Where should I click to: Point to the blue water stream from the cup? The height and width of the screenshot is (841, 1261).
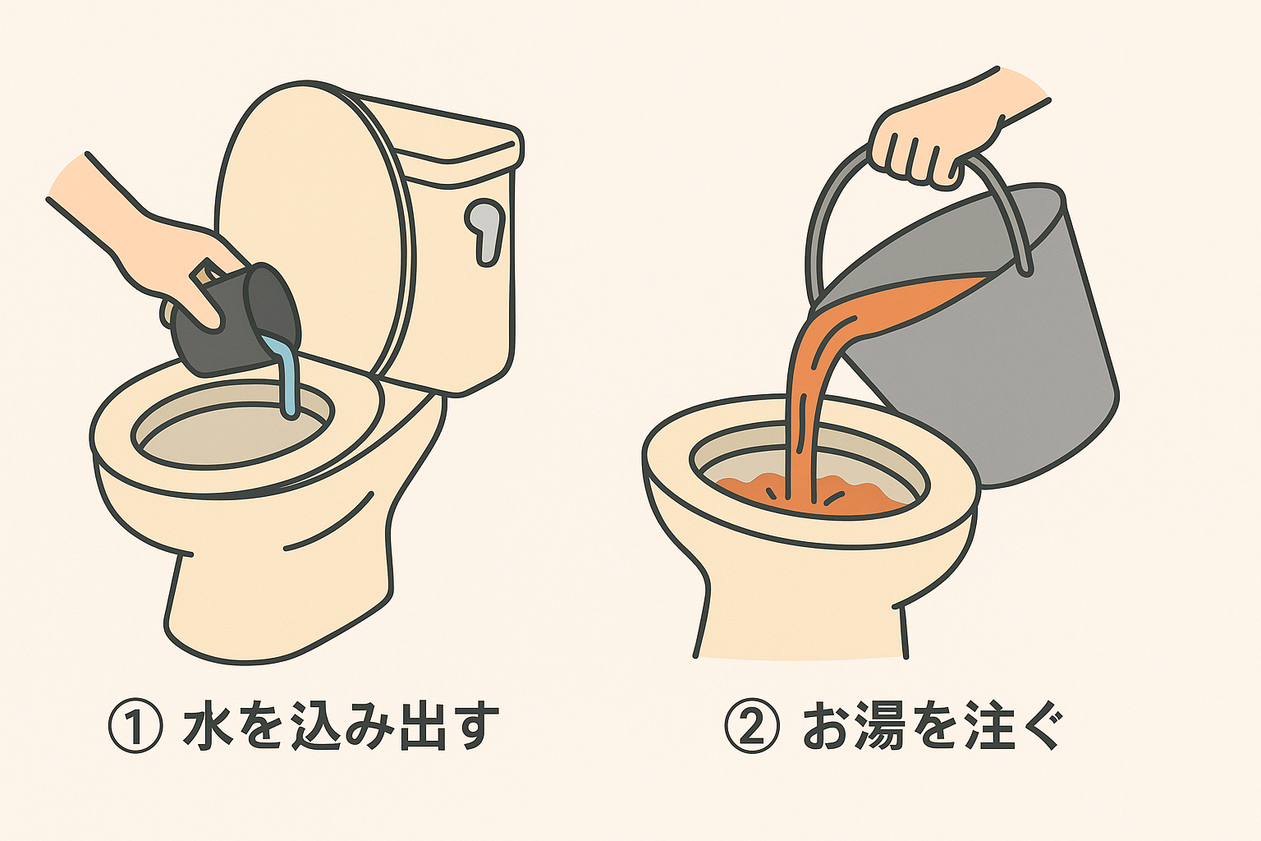point(287,378)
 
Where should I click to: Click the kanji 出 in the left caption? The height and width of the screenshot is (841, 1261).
point(422,727)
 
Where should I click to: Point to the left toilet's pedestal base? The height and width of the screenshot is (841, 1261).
point(271,600)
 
